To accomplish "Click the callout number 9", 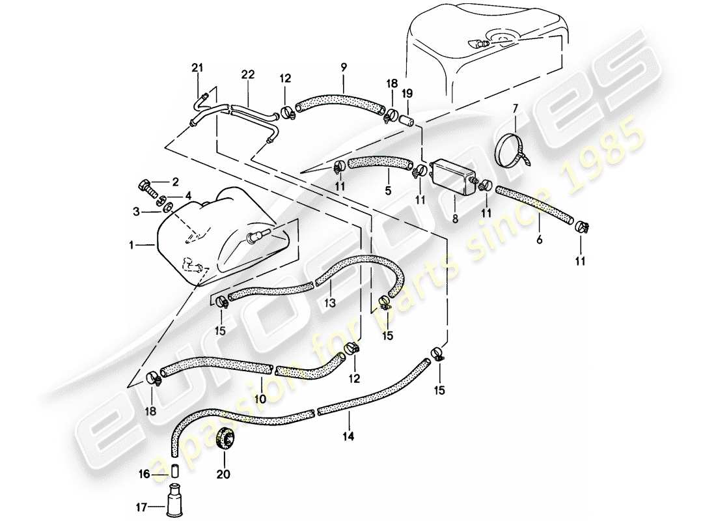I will [344, 66].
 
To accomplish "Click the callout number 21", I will [197, 67].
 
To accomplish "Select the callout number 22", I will [245, 75].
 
